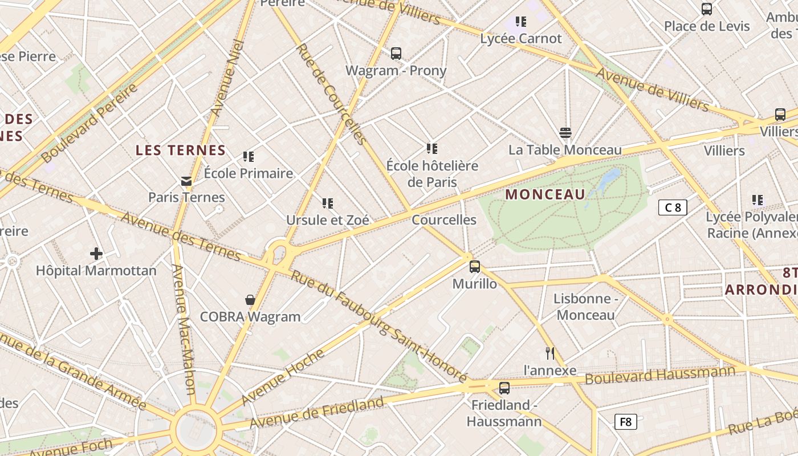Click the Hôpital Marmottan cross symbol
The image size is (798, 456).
pyautogui.click(x=96, y=253)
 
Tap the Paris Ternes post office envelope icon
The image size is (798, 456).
pyautogui.click(x=186, y=181)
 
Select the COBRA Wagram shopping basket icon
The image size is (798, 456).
pyautogui.click(x=250, y=300)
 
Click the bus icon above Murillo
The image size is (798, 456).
pyautogui.click(x=474, y=266)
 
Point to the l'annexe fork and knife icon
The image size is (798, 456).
pyautogui.click(x=550, y=353)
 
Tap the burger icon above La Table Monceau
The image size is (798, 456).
pyautogui.click(x=565, y=133)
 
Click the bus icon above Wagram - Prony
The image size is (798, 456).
pyautogui.click(x=396, y=54)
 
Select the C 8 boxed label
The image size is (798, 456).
pyautogui.click(x=673, y=207)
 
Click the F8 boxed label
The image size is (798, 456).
pyautogui.click(x=625, y=422)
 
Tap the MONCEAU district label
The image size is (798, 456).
pyautogui.click(x=545, y=194)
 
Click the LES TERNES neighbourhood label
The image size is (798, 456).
pyautogui.click(x=181, y=150)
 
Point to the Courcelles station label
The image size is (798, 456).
pyautogui.click(x=444, y=220)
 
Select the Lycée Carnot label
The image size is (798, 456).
pyautogui.click(x=521, y=39)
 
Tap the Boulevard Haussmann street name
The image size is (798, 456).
pyautogui.click(x=660, y=375)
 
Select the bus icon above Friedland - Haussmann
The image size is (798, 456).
pyautogui.click(x=504, y=388)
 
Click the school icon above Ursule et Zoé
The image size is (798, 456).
pyautogui.click(x=327, y=203)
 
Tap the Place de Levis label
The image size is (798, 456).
pyautogui.click(x=707, y=26)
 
